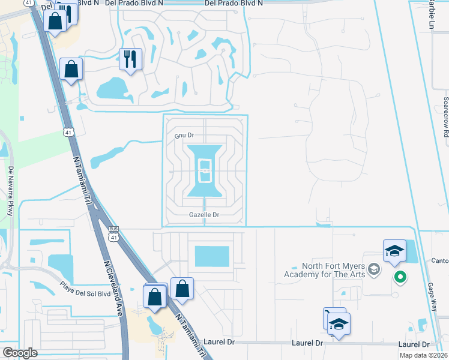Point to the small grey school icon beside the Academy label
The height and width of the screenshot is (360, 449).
point(375,269)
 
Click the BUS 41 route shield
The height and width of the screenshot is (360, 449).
point(113,232)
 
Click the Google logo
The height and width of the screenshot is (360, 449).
point(20,353)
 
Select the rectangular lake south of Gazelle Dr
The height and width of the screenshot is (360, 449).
point(212,256)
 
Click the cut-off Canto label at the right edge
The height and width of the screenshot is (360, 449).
point(440,260)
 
